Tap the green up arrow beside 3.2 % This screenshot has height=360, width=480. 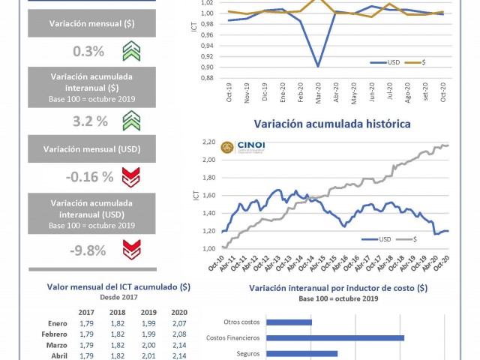[131, 120]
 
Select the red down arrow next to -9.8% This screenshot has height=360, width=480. [131, 248]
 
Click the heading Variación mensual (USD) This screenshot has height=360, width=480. [92, 148]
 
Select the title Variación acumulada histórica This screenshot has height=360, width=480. [331, 123]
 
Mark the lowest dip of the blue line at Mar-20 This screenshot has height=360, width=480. [319, 66]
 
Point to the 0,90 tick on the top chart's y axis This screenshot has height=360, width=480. [206, 67]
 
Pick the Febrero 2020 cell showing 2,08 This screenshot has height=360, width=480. [178, 334]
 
